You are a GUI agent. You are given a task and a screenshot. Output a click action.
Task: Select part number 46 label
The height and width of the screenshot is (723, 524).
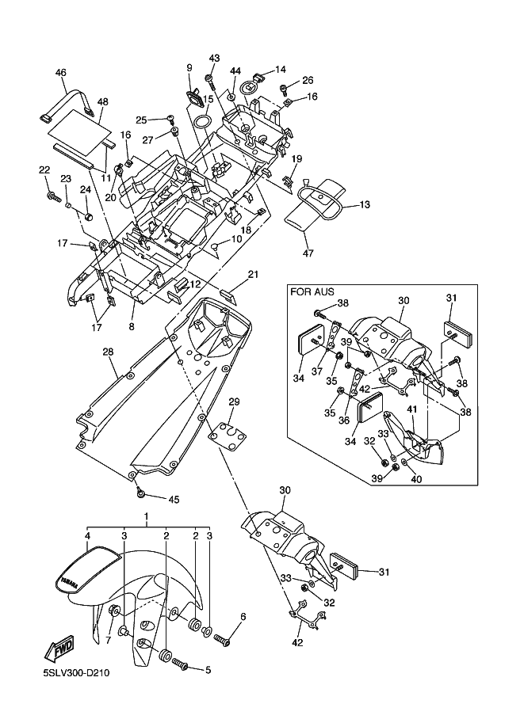[60, 73]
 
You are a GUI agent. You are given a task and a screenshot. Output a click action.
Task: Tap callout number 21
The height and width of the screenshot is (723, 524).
[253, 275]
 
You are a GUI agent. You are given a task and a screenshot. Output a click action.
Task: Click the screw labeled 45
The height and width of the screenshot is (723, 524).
[140, 493]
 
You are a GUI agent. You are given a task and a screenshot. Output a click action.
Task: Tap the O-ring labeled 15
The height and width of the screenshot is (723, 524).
[202, 123]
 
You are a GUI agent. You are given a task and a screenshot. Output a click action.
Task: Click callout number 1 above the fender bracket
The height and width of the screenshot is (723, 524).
[146, 516]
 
